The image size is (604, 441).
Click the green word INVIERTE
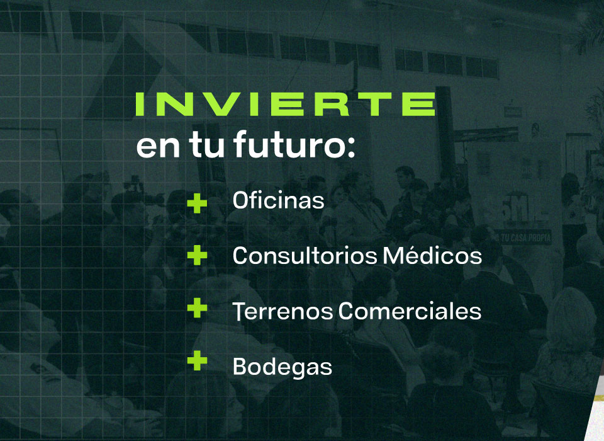click(286, 104)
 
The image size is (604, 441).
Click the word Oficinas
click(278, 200)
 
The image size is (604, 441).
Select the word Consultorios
click(305, 255)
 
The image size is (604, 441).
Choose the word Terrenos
click(282, 311)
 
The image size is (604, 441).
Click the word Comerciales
click(410, 311)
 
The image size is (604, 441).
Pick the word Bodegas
click(282, 367)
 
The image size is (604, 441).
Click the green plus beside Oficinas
click(197, 203)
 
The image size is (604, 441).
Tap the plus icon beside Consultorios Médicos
click(197, 255)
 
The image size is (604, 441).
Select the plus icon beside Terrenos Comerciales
click(197, 307)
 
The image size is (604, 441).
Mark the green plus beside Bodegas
click(197, 360)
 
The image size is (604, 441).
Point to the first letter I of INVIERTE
click(140, 104)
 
